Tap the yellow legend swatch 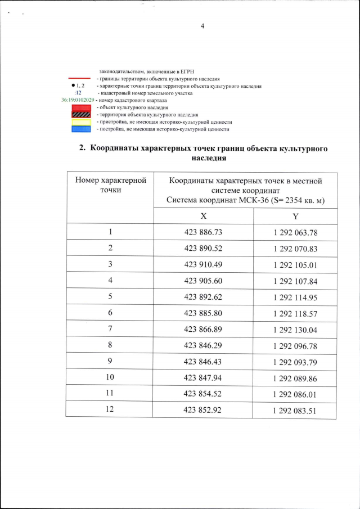click(82, 122)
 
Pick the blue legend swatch click(82, 129)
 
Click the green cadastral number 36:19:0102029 click(78, 100)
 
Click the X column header click(203, 216)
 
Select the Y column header click(295, 216)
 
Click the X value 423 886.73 click(204, 232)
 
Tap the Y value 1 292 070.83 click(295, 248)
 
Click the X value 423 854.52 click(204, 393)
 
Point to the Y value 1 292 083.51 click(295, 410)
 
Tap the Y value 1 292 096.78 click(295, 345)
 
